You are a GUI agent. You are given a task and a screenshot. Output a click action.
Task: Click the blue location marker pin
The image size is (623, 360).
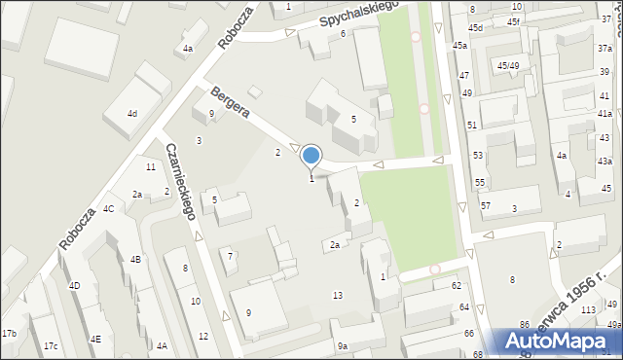click(311, 156)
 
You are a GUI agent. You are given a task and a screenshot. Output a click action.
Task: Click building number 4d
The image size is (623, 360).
click(132, 114)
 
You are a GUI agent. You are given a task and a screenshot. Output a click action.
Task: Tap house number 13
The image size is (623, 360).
click(338, 295)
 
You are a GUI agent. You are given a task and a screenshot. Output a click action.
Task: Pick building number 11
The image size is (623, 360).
click(151, 167)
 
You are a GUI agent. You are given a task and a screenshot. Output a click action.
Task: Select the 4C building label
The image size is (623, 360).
click(108, 208)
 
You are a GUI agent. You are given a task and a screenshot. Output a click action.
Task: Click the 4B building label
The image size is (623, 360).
click(135, 259)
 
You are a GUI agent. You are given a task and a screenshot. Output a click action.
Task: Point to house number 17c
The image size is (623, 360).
click(51, 346)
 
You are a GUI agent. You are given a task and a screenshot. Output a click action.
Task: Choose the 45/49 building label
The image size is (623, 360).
click(508, 65)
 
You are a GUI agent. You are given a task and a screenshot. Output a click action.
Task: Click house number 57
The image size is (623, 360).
click(486, 206)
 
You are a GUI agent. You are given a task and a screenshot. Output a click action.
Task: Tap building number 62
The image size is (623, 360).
click(456, 285)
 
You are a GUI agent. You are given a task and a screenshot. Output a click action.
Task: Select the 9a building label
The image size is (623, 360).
click(342, 346)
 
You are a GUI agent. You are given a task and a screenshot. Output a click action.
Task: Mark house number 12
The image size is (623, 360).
click(202, 336)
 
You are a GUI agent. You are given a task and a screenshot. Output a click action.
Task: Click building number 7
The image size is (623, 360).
click(230, 256)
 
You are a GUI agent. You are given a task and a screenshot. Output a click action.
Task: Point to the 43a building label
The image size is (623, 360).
click(605, 161)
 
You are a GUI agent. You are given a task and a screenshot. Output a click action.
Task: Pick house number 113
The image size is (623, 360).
click(587, 310)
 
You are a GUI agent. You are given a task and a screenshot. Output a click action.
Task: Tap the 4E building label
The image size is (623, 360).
click(94, 339)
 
